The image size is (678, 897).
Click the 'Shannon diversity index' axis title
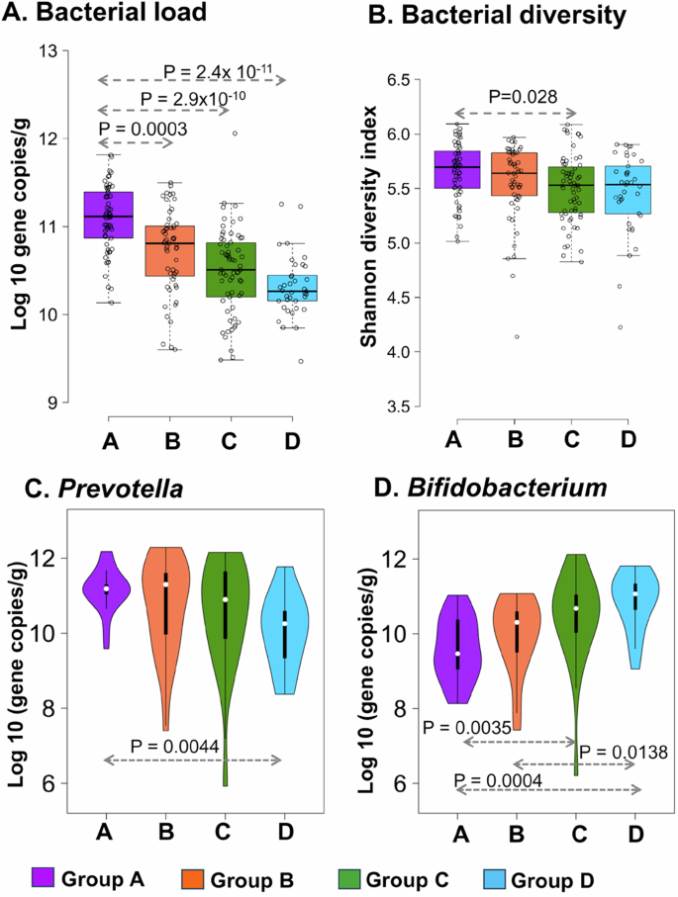(367, 242)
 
